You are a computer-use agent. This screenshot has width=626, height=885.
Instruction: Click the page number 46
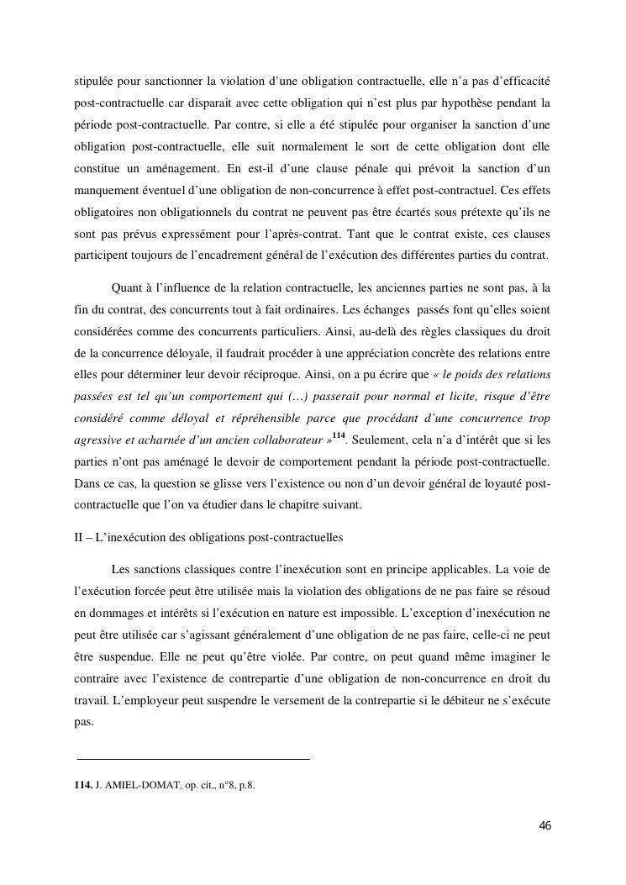544,826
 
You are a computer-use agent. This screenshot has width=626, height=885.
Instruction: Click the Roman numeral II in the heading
78,537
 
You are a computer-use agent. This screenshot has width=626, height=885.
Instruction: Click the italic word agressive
97,440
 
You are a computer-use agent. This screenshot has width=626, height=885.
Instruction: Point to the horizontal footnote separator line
192,759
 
